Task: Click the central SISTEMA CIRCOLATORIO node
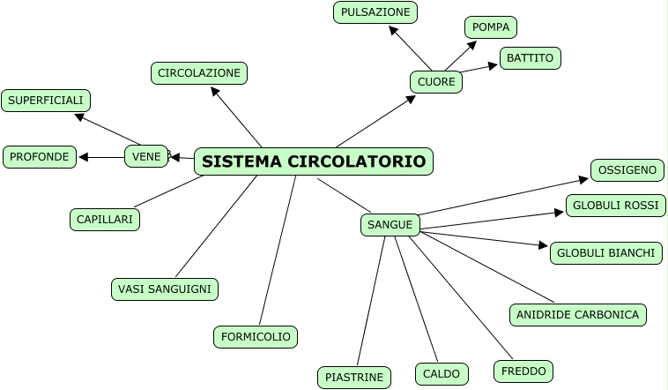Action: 313,161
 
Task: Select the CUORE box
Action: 436,82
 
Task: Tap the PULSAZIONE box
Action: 375,12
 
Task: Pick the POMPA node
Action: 491,27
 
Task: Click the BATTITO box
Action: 531,58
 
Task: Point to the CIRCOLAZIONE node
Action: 198,72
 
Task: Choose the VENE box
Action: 146,157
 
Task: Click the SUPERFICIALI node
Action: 46,101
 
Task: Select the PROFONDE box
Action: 40,157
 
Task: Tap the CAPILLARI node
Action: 104,219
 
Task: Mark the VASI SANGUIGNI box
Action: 165,289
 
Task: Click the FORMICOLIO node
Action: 256,336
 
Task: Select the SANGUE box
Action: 390,225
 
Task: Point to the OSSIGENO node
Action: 627,170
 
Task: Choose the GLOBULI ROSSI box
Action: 615,206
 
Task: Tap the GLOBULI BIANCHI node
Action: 605,253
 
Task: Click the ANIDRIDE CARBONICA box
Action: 578,314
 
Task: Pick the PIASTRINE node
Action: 353,378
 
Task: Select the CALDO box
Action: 442,374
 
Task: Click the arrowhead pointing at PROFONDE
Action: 84,158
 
